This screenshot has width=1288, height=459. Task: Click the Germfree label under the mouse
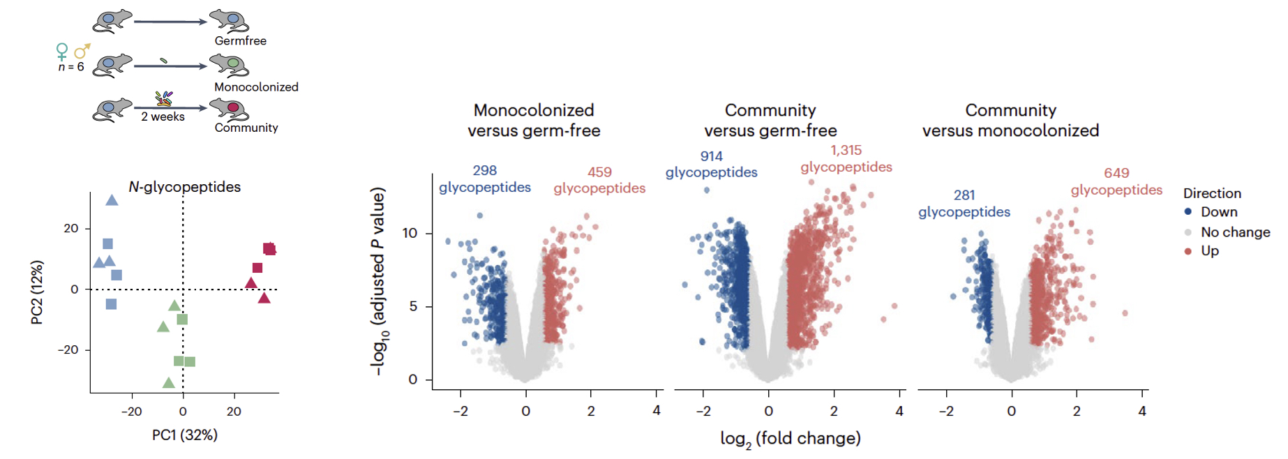[240, 41]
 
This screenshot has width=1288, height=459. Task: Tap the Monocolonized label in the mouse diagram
[256, 87]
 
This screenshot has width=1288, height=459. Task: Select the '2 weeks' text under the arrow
[163, 117]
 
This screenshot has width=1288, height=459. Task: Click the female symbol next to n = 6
[62, 52]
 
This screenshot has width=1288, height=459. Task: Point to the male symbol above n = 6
[82, 51]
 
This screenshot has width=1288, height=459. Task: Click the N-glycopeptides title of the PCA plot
[184, 187]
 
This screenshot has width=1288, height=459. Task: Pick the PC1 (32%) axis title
[185, 435]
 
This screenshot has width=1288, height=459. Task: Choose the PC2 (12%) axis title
[37, 292]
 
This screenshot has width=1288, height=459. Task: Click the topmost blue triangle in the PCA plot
[112, 201]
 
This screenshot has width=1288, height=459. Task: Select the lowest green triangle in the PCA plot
[168, 383]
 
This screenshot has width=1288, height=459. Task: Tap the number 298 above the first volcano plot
[484, 170]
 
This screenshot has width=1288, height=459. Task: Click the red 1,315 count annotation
[846, 151]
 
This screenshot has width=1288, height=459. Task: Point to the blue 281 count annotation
[964, 195]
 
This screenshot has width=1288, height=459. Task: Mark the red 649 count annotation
[1116, 173]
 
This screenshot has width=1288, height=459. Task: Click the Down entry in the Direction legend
[1218, 212]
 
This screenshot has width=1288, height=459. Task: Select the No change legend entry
[1235, 232]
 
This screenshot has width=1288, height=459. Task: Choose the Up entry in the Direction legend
[1209, 251]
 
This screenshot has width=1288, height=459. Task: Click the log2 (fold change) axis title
[790, 439]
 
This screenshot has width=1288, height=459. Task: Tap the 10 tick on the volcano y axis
[410, 233]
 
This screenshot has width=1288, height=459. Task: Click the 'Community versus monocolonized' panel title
[1010, 121]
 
